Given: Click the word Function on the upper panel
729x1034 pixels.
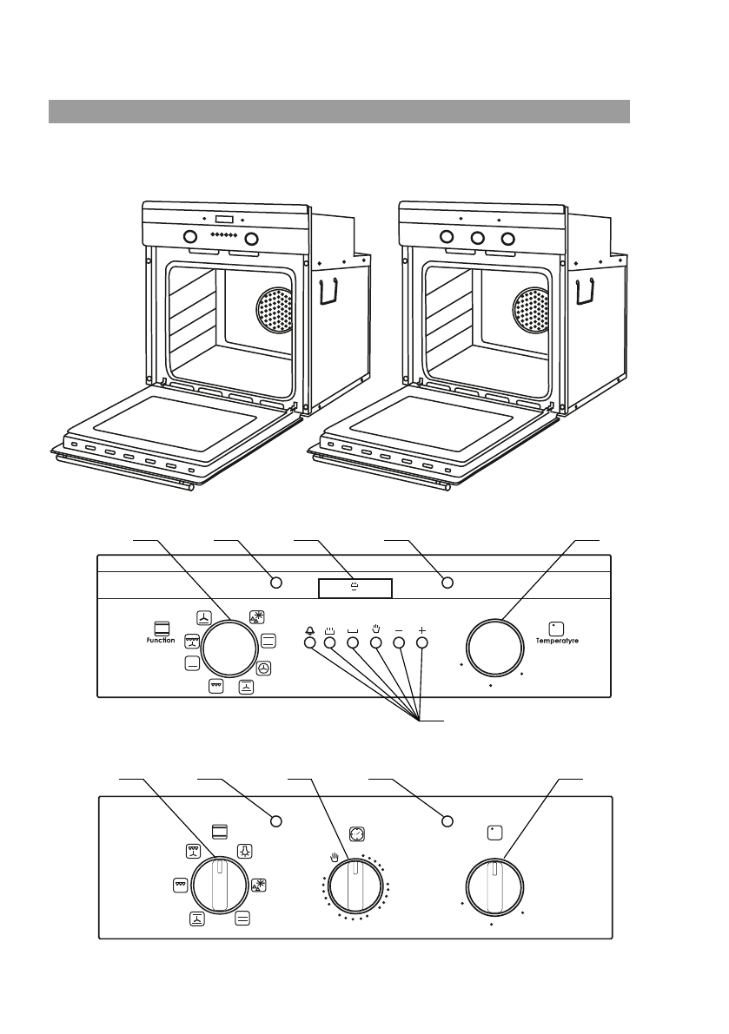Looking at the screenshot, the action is (x=161, y=641).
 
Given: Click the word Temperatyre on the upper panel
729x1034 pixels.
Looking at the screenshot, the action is (x=557, y=641).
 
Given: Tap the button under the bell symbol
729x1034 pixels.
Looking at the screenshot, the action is (x=309, y=643).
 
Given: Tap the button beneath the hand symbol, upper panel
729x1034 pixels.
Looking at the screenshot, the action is (x=375, y=643).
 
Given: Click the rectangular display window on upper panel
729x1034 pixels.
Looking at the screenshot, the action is (x=355, y=589).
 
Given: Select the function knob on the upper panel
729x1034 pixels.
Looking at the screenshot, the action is (x=229, y=649).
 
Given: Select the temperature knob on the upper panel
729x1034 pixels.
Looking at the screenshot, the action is (x=494, y=648).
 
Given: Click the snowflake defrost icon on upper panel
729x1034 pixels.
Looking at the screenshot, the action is (x=257, y=617).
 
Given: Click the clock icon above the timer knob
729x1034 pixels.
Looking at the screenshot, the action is (x=357, y=834).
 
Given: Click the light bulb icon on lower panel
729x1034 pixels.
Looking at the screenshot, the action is (x=245, y=851).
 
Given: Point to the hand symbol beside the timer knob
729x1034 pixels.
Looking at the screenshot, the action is (x=335, y=857).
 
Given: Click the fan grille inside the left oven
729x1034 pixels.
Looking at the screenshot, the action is (x=274, y=310).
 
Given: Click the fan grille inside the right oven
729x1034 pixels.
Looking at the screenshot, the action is (x=531, y=310).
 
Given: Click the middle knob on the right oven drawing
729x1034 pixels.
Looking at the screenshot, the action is (x=478, y=237).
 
